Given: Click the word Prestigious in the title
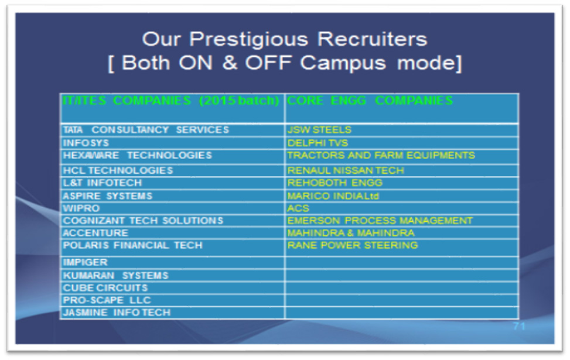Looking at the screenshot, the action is [248, 40].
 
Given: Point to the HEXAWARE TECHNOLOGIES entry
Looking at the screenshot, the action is [137, 156].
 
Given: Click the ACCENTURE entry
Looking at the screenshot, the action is [95, 233].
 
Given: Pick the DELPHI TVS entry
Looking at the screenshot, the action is [318, 143].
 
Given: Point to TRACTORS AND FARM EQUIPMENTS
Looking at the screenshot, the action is [381, 156].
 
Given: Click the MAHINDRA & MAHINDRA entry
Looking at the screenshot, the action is [351, 233].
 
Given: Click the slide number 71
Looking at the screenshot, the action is [519, 326].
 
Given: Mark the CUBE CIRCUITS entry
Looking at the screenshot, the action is [105, 288].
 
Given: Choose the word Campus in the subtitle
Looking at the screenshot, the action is [343, 63].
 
